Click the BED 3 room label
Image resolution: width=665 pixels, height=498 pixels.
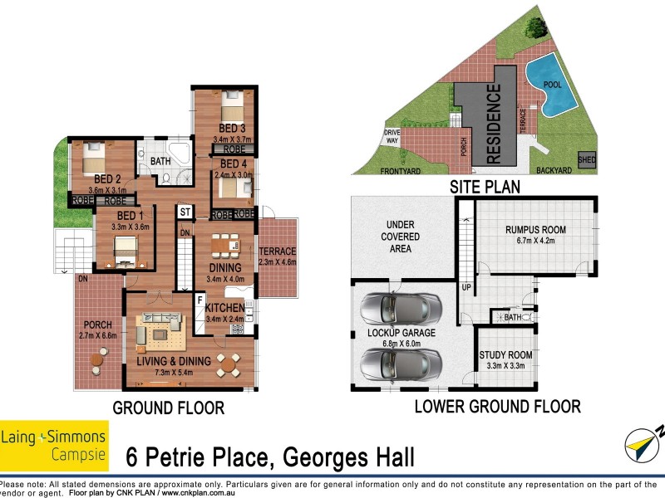[232, 128]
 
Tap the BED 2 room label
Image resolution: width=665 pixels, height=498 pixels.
[108, 178]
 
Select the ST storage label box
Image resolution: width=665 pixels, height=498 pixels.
[185, 212]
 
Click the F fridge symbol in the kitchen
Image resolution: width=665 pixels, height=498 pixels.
[199, 300]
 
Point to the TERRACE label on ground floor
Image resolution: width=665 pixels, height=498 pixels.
[278, 251]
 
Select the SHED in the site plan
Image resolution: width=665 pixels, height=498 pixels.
[586, 159]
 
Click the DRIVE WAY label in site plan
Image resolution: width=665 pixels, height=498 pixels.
[392, 137]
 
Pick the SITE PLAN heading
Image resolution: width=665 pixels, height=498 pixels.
[484, 188]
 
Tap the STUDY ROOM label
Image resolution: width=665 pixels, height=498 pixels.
[505, 355]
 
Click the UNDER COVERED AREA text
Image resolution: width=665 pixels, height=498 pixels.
[401, 237]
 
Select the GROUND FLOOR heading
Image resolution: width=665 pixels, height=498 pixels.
[168, 408]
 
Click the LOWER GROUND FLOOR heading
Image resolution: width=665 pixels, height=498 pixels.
[497, 407]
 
